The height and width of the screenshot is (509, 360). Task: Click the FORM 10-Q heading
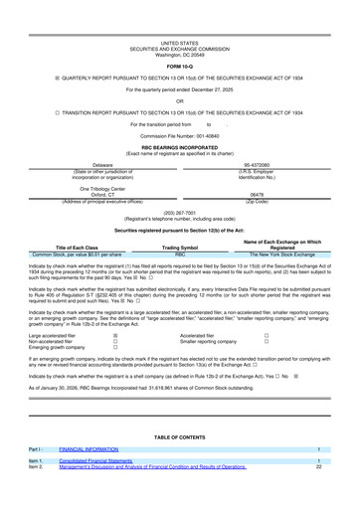179,66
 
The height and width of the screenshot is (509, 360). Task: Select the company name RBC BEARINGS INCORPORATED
179,146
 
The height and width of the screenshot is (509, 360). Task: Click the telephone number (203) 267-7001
179,212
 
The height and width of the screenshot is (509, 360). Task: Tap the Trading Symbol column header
180,248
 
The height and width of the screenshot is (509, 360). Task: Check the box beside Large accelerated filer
115,337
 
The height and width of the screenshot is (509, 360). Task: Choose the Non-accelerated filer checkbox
115,344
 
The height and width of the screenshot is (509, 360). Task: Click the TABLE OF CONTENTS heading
180,436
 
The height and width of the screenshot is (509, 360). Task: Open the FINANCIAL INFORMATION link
91,448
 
